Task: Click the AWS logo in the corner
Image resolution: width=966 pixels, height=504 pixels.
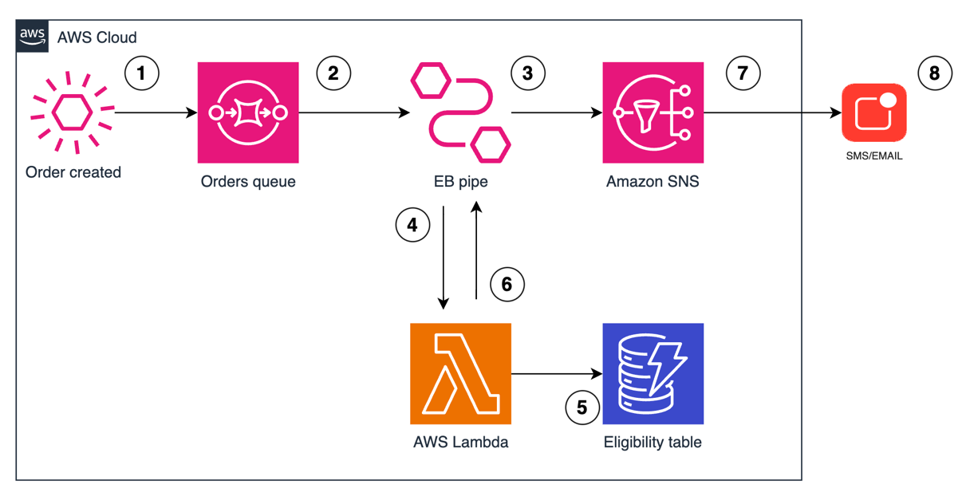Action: click(33, 37)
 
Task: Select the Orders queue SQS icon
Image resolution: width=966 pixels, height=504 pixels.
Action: click(248, 112)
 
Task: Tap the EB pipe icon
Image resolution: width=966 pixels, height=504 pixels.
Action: click(460, 112)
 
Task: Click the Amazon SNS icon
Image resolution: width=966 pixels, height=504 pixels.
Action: click(653, 112)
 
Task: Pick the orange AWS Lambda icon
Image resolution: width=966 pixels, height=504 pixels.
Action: click(460, 373)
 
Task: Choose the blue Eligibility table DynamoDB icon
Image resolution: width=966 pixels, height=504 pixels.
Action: click(653, 373)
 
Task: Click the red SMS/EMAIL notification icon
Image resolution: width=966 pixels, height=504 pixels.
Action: click(874, 112)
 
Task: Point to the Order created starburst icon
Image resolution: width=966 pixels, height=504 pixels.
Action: click(73, 112)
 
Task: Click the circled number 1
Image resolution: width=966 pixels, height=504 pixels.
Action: click(142, 73)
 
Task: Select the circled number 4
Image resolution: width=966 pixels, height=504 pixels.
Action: click(412, 226)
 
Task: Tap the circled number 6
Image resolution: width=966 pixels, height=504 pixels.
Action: click(507, 284)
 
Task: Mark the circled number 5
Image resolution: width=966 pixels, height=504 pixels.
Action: click(582, 408)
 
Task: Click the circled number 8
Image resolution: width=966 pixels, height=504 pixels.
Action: click(935, 73)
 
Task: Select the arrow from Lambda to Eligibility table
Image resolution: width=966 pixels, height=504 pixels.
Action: click(556, 373)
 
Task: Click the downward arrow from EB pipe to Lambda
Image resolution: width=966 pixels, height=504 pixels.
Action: click(443, 255)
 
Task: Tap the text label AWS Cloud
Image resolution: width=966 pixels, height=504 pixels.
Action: click(97, 37)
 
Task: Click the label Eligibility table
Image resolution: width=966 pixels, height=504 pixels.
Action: click(653, 442)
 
